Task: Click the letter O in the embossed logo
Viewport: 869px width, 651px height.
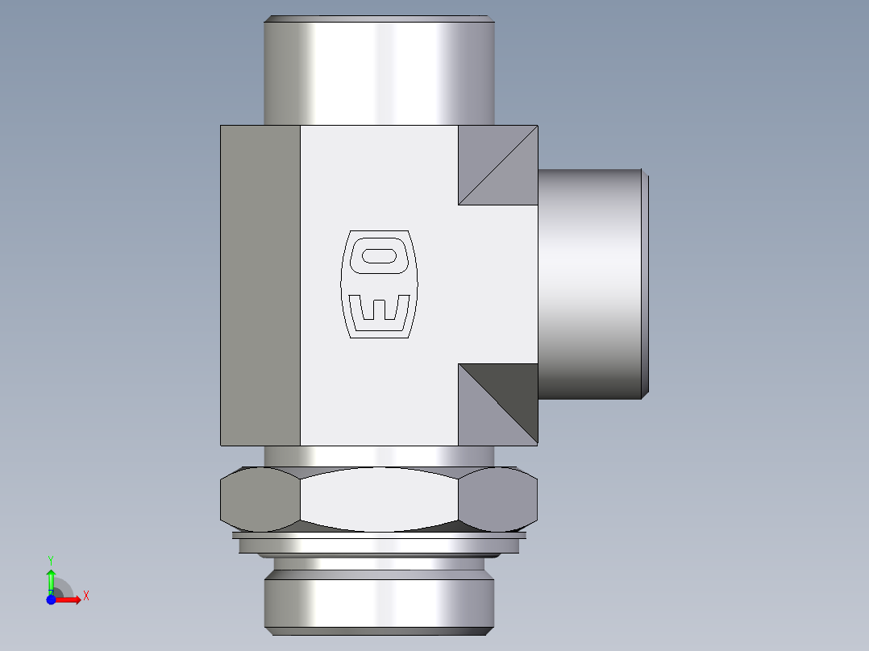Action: pos(380,256)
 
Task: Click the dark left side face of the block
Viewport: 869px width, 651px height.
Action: pos(260,284)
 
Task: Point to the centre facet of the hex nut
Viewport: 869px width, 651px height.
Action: pos(379,499)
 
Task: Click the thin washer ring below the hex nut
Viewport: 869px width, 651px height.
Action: pos(379,536)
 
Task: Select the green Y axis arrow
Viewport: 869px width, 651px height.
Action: pos(51,579)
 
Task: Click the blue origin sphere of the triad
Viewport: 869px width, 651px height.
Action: pos(51,599)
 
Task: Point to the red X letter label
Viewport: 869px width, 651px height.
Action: pos(86,596)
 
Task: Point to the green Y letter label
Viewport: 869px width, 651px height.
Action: pos(51,559)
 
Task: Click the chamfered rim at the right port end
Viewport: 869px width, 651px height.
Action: pos(645,284)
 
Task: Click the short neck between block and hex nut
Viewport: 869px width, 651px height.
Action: pos(379,456)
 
